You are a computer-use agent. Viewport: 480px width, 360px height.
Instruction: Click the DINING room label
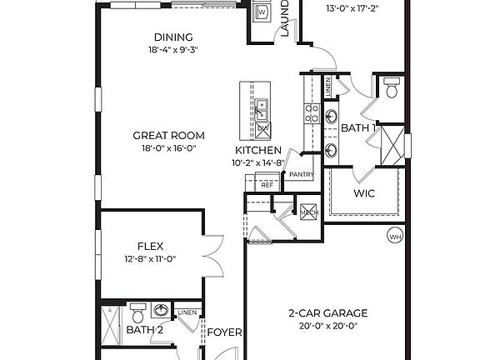pyautogui.click(x=173, y=37)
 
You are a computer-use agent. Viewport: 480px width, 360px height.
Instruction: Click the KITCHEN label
pyautogui.click(x=259, y=151)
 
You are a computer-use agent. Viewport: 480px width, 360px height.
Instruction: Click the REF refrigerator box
pyautogui.click(x=267, y=185)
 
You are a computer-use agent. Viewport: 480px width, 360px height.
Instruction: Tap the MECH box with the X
pyautogui.click(x=310, y=212)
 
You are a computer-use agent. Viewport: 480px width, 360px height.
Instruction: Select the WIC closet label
pyautogui.click(x=363, y=193)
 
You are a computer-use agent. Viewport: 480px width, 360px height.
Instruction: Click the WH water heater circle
pyautogui.click(x=394, y=237)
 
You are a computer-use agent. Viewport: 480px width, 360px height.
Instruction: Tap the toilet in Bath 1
pyautogui.click(x=391, y=88)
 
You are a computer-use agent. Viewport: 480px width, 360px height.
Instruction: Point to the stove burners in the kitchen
pyautogui.click(x=312, y=112)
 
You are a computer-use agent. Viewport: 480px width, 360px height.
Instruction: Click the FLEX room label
pyautogui.click(x=150, y=246)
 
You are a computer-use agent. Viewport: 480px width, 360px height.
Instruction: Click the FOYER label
pyautogui.click(x=224, y=332)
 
